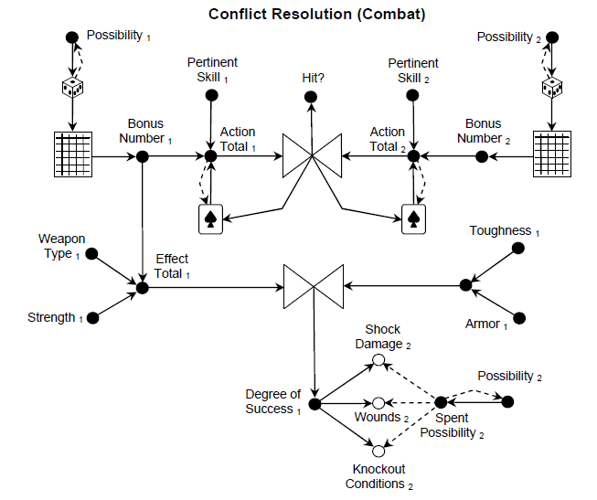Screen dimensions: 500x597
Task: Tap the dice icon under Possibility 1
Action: pyautogui.click(x=72, y=88)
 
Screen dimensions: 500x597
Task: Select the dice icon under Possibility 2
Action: pyautogui.click(x=550, y=88)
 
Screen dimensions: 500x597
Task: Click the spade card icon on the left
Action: pyautogui.click(x=211, y=218)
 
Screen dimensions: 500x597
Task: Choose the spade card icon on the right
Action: pyautogui.click(x=413, y=218)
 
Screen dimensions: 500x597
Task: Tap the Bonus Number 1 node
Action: pyautogui.click(x=143, y=157)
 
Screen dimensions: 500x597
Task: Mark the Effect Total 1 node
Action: pyautogui.click(x=143, y=288)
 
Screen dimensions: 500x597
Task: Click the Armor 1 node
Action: pyautogui.click(x=520, y=318)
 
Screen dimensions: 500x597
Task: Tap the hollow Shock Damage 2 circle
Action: pyautogui.click(x=378, y=360)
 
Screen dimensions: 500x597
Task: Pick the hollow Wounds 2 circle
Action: pyautogui.click(x=378, y=403)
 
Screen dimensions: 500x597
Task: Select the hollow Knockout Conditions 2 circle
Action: pyautogui.click(x=378, y=450)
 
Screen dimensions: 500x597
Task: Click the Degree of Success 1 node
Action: pyautogui.click(x=314, y=403)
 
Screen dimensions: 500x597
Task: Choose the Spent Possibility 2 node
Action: pyautogui.click(x=441, y=402)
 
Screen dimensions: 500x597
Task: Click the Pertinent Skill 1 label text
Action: pyautogui.click(x=212, y=69)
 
